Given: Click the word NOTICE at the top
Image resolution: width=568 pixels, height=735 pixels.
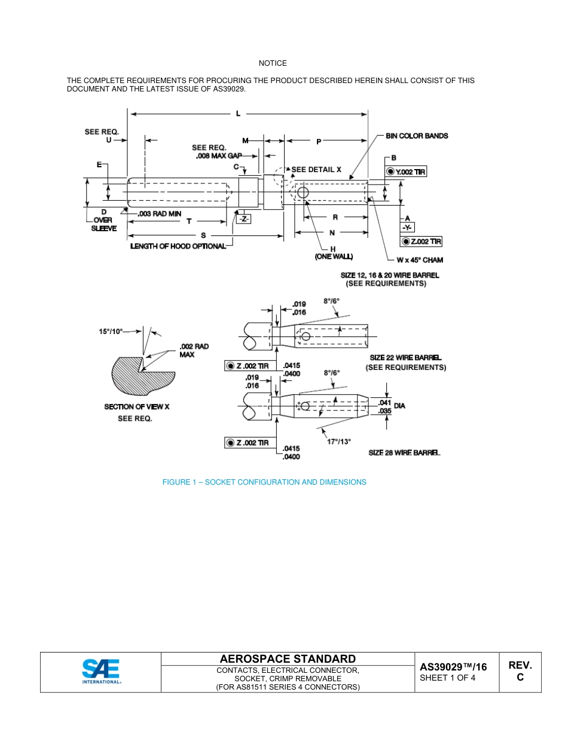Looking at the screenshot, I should click(273, 63).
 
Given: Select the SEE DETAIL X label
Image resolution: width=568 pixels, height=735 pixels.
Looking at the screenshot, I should click(316, 170).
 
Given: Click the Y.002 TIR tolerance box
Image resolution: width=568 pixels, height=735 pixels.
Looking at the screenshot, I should click(406, 172).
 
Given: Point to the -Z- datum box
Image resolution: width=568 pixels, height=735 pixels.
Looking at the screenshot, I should click(244, 219).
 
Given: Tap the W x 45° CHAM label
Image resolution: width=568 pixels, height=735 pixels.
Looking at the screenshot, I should click(420, 260).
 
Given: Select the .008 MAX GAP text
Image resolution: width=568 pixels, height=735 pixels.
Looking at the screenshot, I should click(219, 156).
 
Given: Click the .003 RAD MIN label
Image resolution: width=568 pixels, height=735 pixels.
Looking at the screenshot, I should click(159, 213).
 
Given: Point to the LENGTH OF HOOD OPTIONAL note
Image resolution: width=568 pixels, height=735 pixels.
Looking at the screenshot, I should click(178, 246).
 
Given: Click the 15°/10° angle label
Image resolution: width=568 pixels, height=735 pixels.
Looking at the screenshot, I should click(111, 330).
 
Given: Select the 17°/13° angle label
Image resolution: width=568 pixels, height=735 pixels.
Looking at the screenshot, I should click(339, 442).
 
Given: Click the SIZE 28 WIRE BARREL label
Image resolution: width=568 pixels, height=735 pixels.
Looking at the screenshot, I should click(404, 453).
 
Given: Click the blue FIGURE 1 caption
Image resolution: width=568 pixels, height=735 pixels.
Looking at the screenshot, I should click(264, 482).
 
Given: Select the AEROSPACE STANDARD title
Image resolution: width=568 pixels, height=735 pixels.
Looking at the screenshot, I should click(288, 659).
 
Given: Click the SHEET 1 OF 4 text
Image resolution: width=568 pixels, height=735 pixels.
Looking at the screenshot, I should click(448, 678).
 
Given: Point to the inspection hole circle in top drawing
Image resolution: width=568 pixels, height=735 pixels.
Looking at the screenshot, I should click(302, 192).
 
